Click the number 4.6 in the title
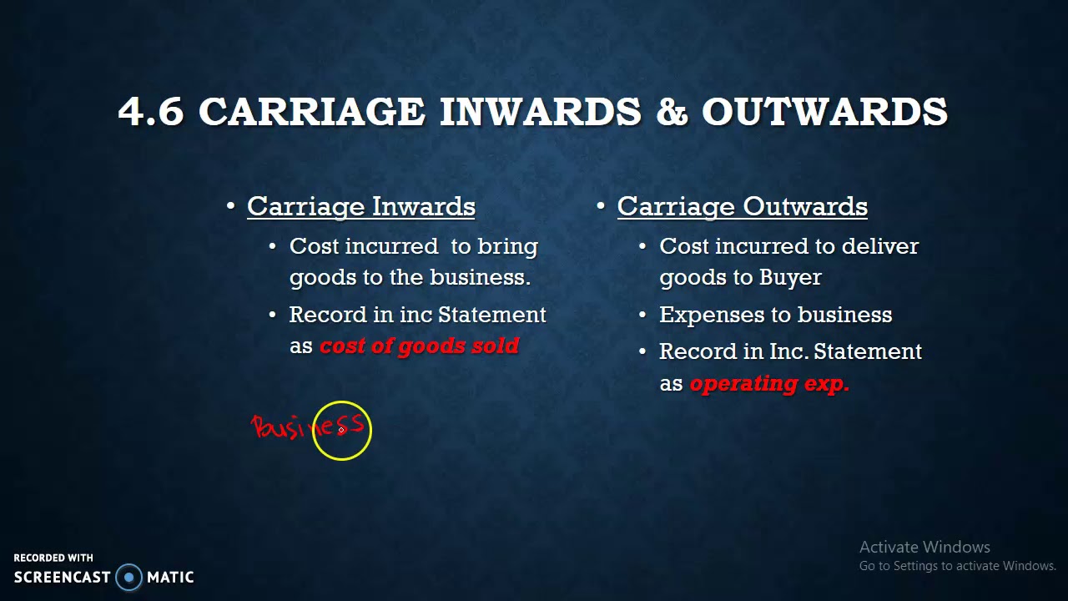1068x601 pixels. point(151,112)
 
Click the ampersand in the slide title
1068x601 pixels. point(672,112)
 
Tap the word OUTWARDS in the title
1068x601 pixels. point(824,112)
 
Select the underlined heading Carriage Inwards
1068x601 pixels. point(360,207)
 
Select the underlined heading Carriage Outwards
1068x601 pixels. point(742,207)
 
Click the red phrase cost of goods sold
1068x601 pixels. point(419,346)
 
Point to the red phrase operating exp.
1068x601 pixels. point(769,384)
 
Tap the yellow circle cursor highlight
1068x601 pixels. point(342,431)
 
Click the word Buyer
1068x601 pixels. point(790,278)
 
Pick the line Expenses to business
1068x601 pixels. point(775,316)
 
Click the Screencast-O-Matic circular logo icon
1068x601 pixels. point(128,577)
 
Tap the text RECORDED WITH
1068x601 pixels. point(53,558)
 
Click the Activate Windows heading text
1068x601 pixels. point(924,548)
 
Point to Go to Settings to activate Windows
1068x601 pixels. point(957,566)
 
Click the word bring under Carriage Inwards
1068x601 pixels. point(507,247)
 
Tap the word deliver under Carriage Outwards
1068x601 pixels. point(879,247)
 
